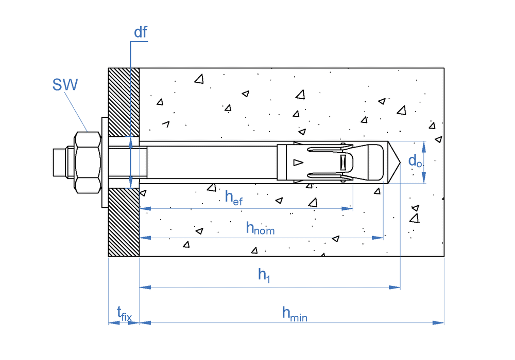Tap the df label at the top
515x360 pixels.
click(x=140, y=32)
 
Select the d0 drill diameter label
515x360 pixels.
click(x=415, y=161)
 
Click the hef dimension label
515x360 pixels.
click(x=233, y=198)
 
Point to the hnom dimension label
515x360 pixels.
click(x=260, y=228)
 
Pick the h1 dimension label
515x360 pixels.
click(x=264, y=276)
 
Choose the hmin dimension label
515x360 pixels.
click(x=294, y=314)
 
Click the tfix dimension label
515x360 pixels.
click(x=124, y=313)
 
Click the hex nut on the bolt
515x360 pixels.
click(x=87, y=162)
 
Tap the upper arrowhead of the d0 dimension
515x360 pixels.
click(x=424, y=146)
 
